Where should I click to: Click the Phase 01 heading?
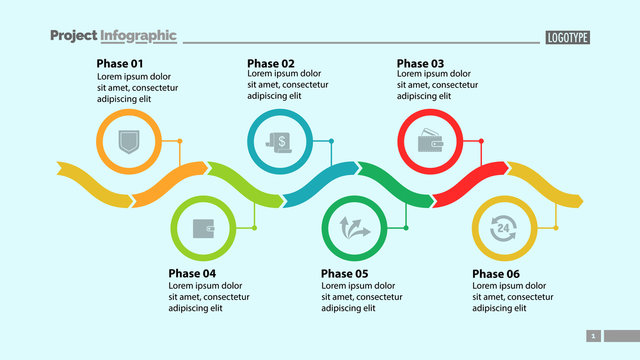point(121,63)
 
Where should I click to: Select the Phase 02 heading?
point(271,63)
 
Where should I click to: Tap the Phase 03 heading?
point(420,63)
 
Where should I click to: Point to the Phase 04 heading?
point(192,273)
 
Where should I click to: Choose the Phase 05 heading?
point(345,273)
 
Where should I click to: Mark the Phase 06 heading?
point(495,273)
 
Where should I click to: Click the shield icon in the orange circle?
point(127,142)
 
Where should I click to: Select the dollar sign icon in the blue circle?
point(278,142)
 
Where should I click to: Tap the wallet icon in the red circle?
point(431,142)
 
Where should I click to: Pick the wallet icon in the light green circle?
point(203,228)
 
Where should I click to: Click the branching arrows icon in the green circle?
point(355,228)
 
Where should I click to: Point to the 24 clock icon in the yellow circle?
point(502,228)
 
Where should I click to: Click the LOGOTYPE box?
point(568,37)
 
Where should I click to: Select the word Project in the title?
point(73,36)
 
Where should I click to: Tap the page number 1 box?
point(593,336)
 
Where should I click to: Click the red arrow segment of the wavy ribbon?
point(470,182)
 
